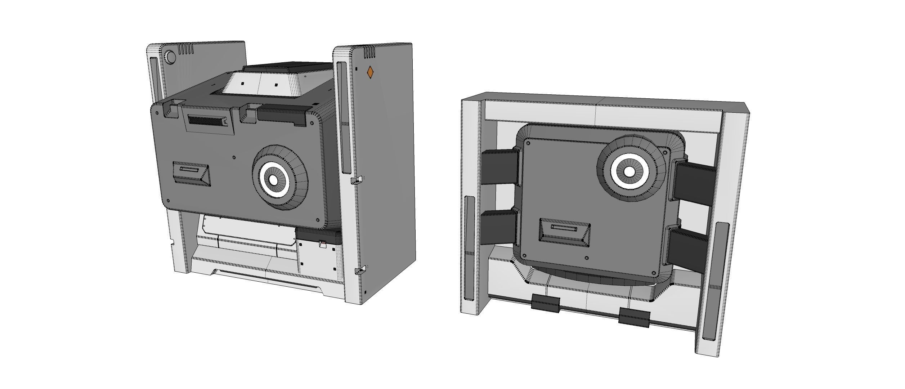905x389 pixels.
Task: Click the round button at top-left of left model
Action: pyautogui.click(x=170, y=57)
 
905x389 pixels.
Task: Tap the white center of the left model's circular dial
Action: pyautogui.click(x=273, y=179)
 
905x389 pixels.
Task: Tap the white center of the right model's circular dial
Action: pyautogui.click(x=629, y=172)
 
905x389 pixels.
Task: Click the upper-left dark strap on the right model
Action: pyautogui.click(x=499, y=167)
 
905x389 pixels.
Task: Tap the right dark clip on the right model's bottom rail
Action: pyautogui.click(x=634, y=317)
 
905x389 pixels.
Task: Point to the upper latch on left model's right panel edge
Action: pyautogui.click(x=357, y=180)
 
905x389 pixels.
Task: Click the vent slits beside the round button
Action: pyautogui.click(x=187, y=49)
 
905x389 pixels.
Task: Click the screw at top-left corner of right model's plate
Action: pyautogui.click(x=528, y=143)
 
